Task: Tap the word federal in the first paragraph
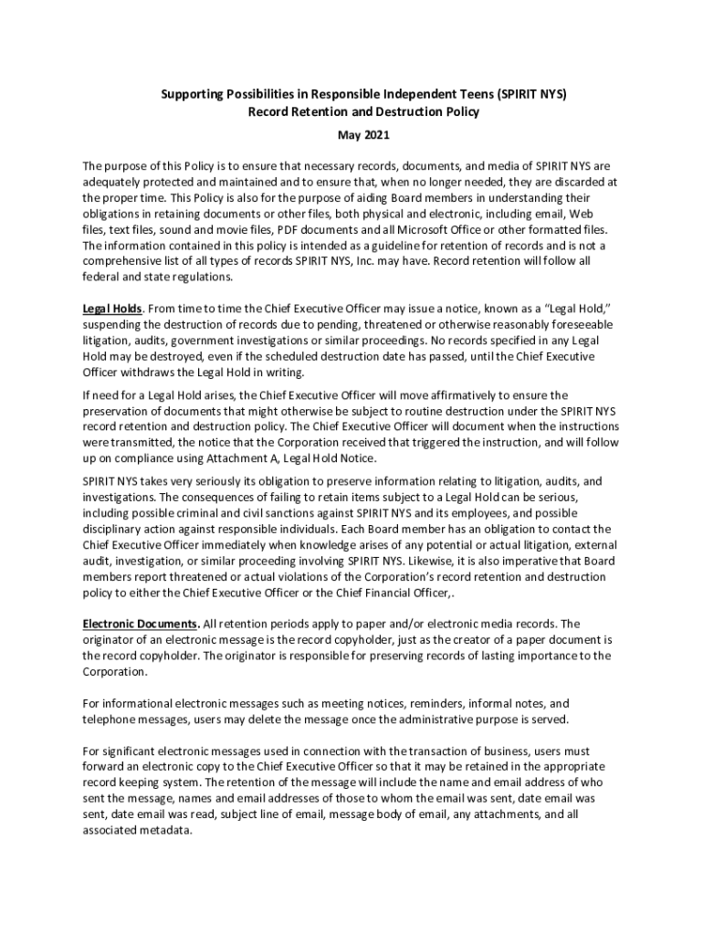pos(101,277)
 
